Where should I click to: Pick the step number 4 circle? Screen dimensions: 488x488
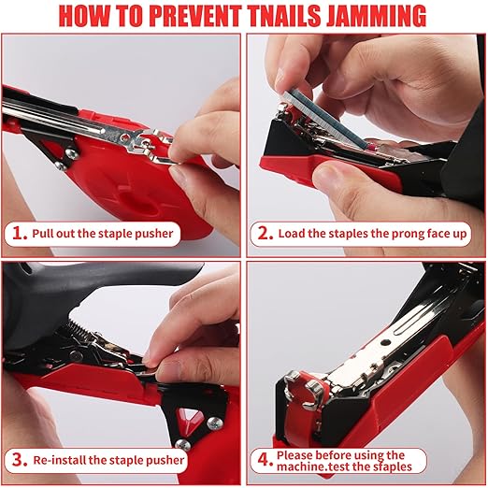265,459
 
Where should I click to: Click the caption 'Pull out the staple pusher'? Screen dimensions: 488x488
105,233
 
